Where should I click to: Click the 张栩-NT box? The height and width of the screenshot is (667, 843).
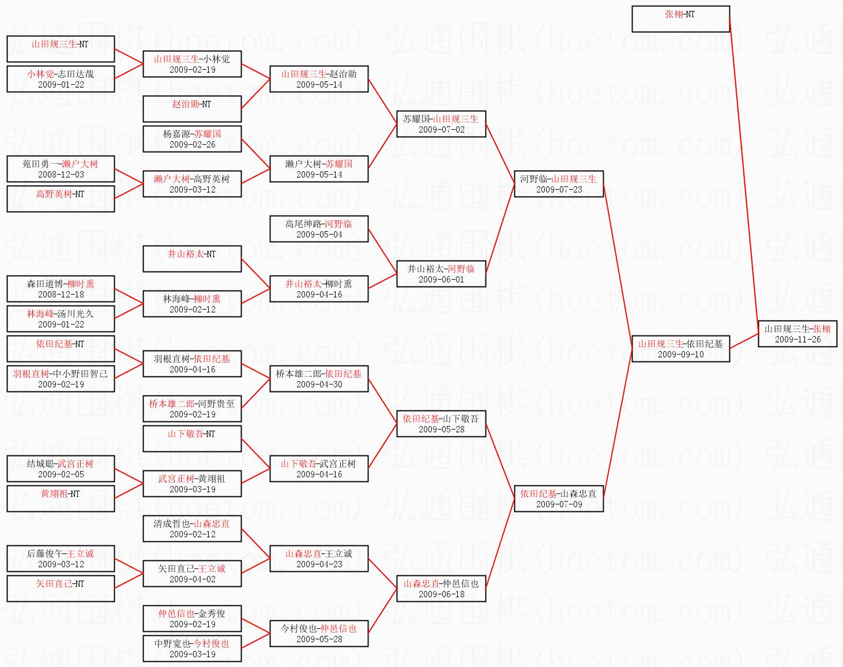pos(680,19)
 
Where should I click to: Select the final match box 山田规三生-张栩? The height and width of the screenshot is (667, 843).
pos(797,334)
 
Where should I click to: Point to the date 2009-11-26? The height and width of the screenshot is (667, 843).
pos(797,340)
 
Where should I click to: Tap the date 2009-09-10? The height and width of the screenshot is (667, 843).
pos(680,355)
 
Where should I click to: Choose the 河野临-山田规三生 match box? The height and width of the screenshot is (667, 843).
pos(558,184)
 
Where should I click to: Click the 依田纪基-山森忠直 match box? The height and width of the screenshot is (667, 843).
pos(558,499)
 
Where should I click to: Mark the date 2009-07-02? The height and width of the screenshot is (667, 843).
pos(441,130)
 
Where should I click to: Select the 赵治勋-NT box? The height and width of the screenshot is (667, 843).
pos(192,109)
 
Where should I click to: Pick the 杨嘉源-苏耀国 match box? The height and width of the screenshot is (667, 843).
pos(192,139)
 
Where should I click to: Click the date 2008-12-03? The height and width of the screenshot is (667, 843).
pos(61,175)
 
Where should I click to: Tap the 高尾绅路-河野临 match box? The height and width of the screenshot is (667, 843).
pos(319,229)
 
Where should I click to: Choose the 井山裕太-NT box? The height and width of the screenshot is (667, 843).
pos(192,259)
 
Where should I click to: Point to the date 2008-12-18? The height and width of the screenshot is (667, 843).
pos(61,295)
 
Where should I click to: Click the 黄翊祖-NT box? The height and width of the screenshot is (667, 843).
pos(61,499)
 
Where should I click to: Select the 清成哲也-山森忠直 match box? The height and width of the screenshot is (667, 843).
pos(192,529)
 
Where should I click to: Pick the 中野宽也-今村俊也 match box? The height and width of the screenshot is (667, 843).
pos(192,649)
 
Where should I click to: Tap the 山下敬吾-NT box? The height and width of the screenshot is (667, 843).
pos(192,439)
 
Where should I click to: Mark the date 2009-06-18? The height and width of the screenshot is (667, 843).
pos(441,594)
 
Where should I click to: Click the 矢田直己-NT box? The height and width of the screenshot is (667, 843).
pos(61,589)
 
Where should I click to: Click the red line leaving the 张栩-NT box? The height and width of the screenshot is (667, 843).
pos(744,173)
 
